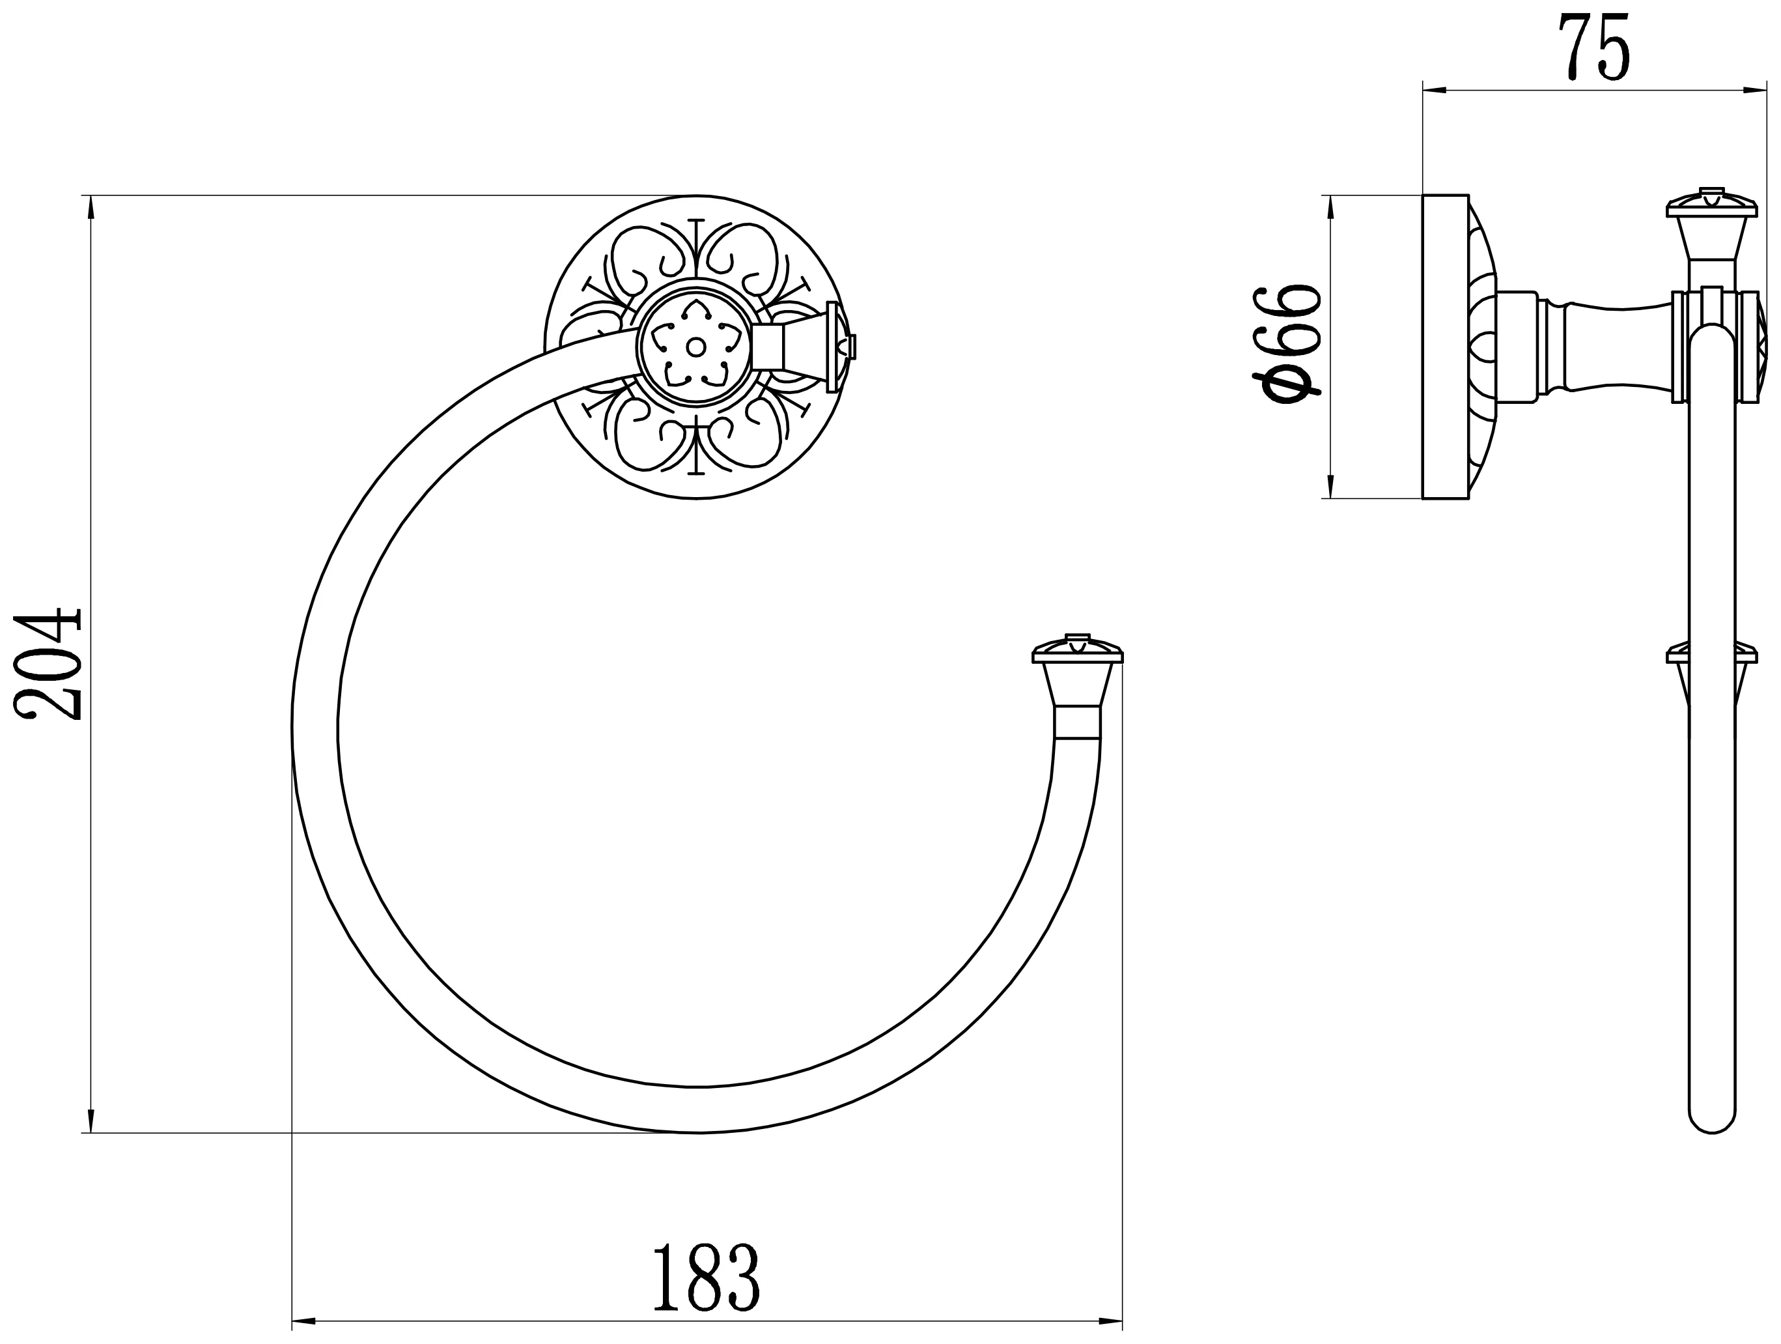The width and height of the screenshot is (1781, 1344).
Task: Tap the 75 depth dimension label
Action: coord(1593,47)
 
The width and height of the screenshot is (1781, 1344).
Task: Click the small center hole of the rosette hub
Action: coord(694,347)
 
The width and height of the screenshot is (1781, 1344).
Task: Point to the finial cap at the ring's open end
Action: coord(1077,651)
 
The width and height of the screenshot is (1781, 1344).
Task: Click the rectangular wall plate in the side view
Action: coord(1445,347)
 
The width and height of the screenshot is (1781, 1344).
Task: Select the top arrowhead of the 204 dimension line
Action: coord(90,207)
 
